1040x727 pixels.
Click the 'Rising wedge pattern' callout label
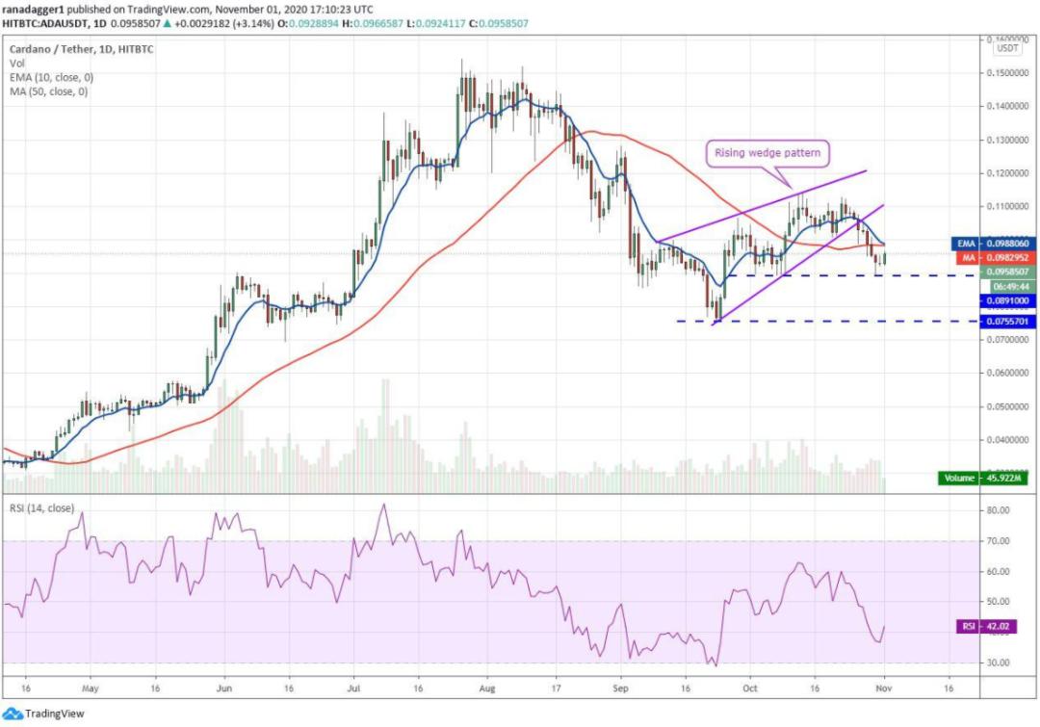point(767,152)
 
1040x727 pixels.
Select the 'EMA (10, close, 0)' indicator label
point(51,78)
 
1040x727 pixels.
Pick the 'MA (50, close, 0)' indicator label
point(48,92)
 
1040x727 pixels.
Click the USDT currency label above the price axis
point(1008,47)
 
